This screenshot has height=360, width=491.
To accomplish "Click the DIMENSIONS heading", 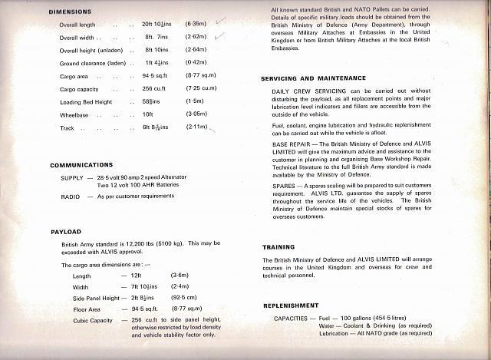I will click(x=70, y=12).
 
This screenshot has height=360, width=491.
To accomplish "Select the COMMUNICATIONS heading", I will click(x=82, y=165).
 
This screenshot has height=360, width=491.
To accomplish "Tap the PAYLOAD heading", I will click(x=66, y=232).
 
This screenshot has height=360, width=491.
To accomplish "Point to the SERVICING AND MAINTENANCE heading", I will click(x=313, y=78).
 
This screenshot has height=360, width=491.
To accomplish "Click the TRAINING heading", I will click(x=278, y=247).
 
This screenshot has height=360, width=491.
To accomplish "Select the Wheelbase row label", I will click(x=74, y=115).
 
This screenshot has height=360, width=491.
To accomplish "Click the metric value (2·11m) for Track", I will click(x=197, y=128).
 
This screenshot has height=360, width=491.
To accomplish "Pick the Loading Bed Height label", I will click(x=86, y=102).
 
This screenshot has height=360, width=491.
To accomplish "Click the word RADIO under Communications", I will click(x=70, y=197).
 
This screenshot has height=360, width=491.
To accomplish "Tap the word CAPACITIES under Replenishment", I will click(x=296, y=317).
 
